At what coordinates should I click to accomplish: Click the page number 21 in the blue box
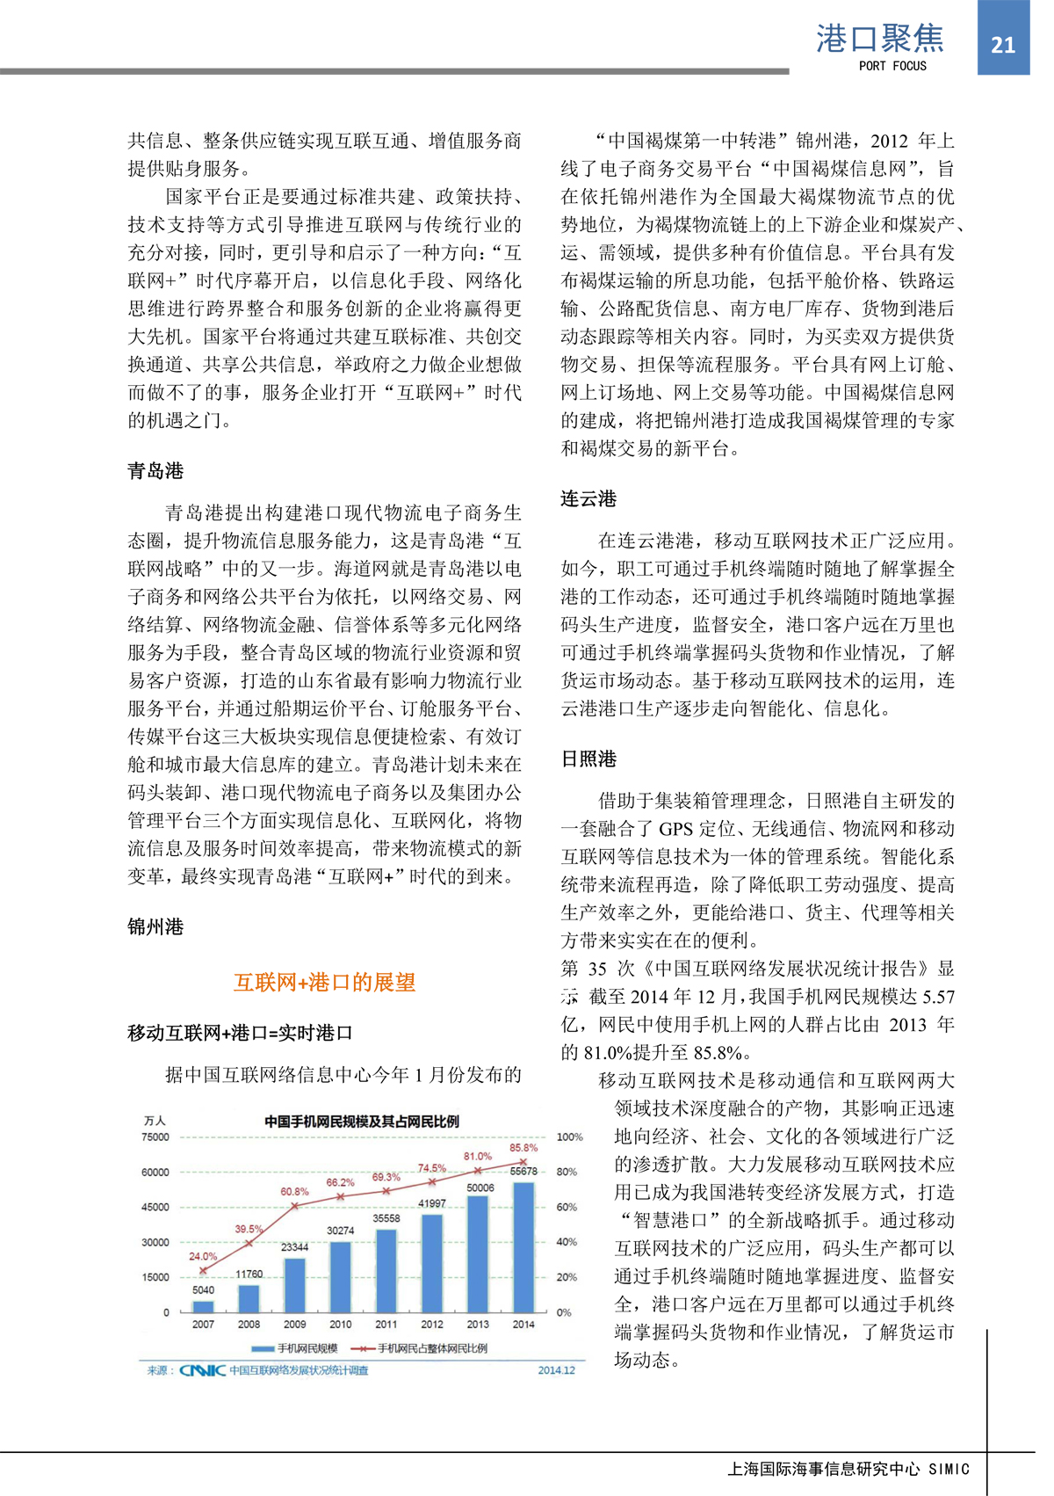pyautogui.click(x=1003, y=45)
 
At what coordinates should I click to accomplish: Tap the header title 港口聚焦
pyautogui.click(x=879, y=39)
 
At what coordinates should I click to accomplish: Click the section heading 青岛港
pyautogui.click(x=155, y=471)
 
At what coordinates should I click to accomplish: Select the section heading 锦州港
pyautogui.click(x=155, y=926)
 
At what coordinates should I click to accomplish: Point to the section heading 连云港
pyautogui.click(x=588, y=499)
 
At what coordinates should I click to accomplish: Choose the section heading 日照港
pyautogui.click(x=588, y=759)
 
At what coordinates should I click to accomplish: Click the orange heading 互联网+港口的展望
pyautogui.click(x=324, y=982)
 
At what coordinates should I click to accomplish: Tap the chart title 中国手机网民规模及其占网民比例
pyautogui.click(x=361, y=1122)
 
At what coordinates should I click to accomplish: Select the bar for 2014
pyautogui.click(x=523, y=1246)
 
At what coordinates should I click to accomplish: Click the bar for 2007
pyautogui.click(x=203, y=1306)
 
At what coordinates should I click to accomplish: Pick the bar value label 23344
pyautogui.click(x=294, y=1246)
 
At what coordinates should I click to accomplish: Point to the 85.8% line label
pyautogui.click(x=523, y=1148)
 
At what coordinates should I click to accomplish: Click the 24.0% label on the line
pyautogui.click(x=203, y=1256)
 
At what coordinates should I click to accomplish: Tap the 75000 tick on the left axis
pyautogui.click(x=155, y=1137)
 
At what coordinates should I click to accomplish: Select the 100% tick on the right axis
pyautogui.click(x=569, y=1137)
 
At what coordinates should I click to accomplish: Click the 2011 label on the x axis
pyautogui.click(x=386, y=1324)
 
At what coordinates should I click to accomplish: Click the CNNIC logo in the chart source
pyautogui.click(x=203, y=1370)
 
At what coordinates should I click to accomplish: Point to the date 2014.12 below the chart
pyautogui.click(x=556, y=1370)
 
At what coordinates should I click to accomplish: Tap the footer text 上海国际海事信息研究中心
pyautogui.click(x=824, y=1469)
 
